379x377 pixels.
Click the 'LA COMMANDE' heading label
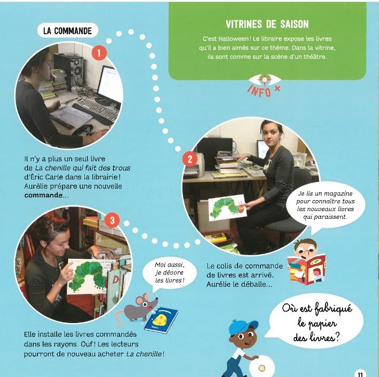pyautogui.click(x=68, y=31)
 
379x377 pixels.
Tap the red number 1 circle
pyautogui.click(x=99, y=52)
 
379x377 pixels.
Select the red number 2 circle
pyautogui.click(x=190, y=159)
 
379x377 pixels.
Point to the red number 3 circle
pyautogui.click(x=112, y=220)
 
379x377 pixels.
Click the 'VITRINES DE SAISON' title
pyautogui.click(x=267, y=24)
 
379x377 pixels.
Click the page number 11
pyautogui.click(x=360, y=374)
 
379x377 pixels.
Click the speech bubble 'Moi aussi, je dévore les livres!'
pyautogui.click(x=169, y=274)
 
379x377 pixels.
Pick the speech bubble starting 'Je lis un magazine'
pyautogui.click(x=325, y=205)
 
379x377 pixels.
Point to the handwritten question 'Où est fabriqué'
pyautogui.click(x=317, y=309)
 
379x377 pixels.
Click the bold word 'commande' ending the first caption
pyautogui.click(x=43, y=196)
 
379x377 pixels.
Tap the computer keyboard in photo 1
pyautogui.click(x=98, y=110)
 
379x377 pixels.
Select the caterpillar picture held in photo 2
pyautogui.click(x=227, y=207)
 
